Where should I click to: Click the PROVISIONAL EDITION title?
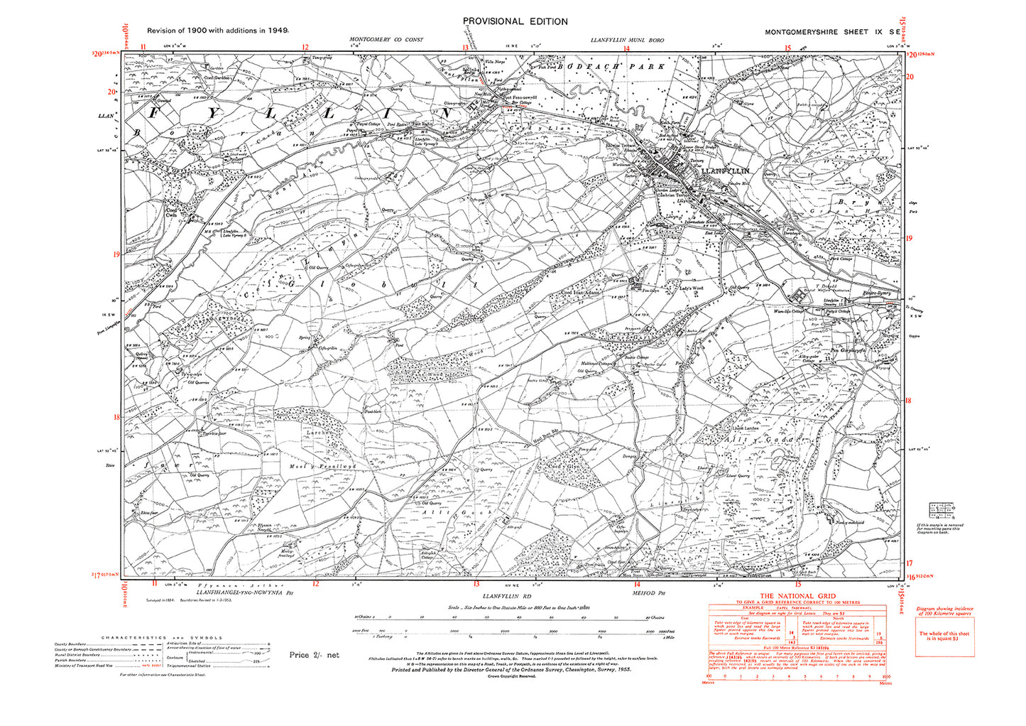(x=515, y=21)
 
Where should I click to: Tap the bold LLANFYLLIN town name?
(x=725, y=171)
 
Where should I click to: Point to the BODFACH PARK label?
(x=611, y=67)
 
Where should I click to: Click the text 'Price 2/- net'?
(x=315, y=655)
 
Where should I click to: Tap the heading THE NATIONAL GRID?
(x=797, y=596)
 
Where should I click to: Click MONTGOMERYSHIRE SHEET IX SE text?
(x=834, y=33)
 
